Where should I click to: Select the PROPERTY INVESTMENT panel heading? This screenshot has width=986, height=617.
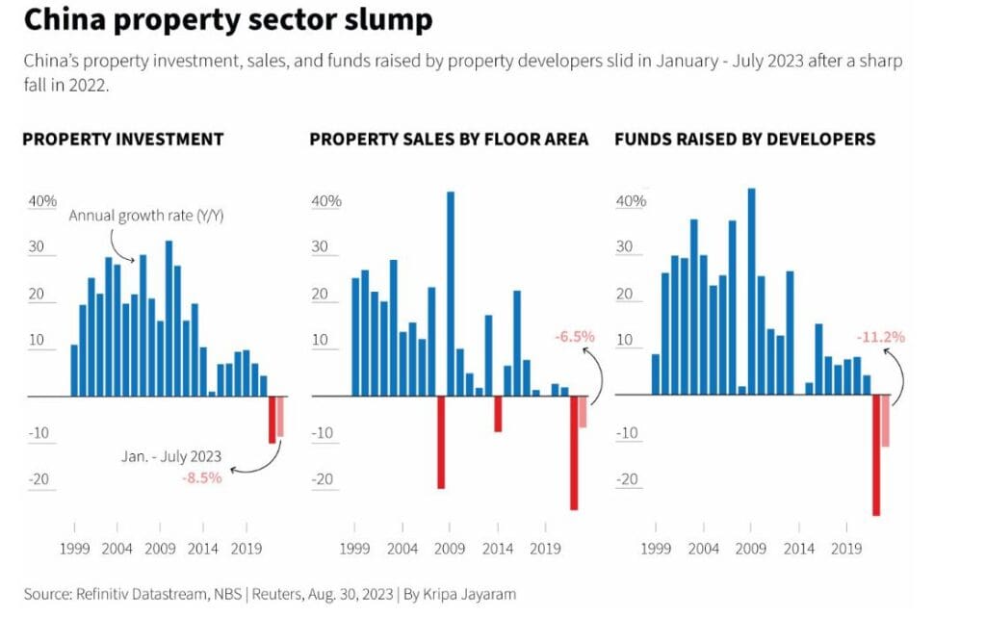(122, 139)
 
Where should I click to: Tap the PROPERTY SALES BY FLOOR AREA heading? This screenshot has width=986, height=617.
(449, 139)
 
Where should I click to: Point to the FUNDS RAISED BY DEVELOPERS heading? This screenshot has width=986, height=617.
(744, 139)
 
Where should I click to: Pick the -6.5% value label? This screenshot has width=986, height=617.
(575, 337)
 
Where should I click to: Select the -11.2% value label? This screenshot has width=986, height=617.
(880, 337)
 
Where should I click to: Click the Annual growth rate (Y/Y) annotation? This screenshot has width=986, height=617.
(145, 216)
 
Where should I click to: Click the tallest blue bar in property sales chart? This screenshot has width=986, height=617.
(451, 289)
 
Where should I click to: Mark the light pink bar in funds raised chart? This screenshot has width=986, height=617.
(886, 421)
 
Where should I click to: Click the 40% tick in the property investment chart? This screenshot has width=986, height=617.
(41, 201)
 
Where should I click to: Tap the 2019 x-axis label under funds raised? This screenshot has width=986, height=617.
(846, 549)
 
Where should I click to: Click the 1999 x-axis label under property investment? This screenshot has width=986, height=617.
(74, 549)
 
